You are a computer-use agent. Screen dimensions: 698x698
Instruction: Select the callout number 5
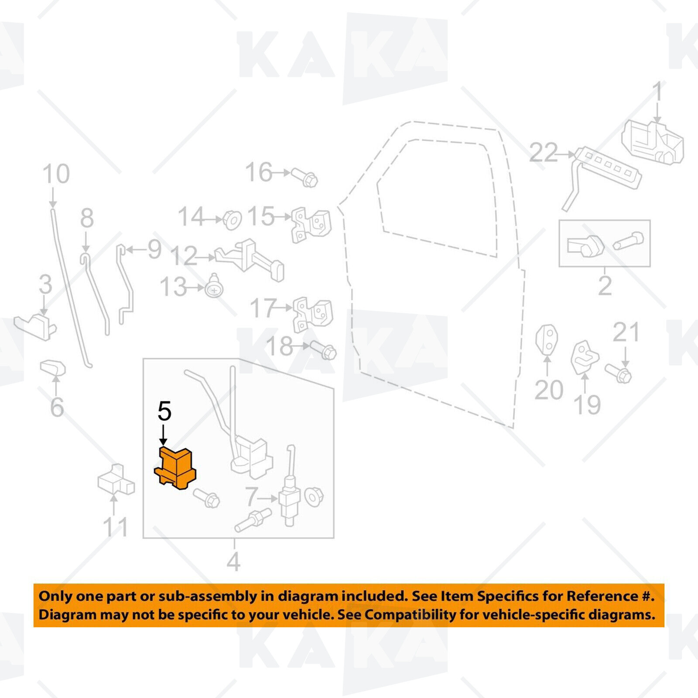pos(164,411)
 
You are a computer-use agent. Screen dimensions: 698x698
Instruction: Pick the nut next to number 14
pos(232,220)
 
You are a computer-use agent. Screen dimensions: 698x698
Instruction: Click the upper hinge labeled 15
pos(311,225)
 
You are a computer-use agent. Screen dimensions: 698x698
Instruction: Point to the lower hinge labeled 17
pos(312,314)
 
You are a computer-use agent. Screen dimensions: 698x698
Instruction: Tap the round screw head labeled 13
pos(215,286)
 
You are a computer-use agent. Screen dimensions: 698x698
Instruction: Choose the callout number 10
pos(56,174)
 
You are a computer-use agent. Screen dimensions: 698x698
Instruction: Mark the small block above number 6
pos(53,367)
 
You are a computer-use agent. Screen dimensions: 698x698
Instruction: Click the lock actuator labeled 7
pos(289,489)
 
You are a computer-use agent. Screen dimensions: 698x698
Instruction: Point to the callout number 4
pos(233,562)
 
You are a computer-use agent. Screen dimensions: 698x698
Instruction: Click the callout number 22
pos(544,153)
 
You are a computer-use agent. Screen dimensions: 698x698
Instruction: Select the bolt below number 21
pos(618,373)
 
